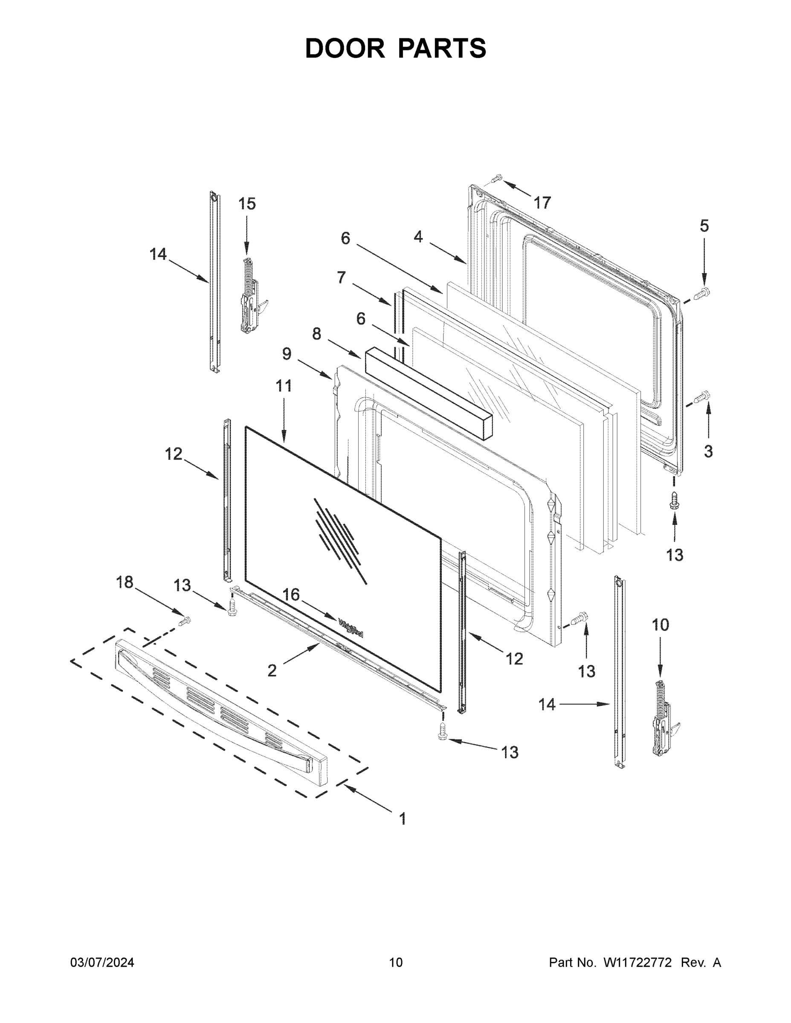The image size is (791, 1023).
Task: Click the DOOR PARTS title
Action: click(x=396, y=48)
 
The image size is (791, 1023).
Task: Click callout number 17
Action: click(x=542, y=203)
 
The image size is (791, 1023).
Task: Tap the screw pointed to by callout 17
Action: click(x=497, y=178)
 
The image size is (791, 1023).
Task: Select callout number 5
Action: click(x=704, y=226)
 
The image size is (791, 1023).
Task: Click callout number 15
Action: click(x=247, y=204)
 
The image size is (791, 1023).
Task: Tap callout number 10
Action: click(x=661, y=625)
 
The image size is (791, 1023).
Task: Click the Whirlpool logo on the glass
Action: click(x=351, y=627)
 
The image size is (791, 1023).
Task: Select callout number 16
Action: click(x=290, y=595)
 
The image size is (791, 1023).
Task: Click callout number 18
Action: click(x=125, y=582)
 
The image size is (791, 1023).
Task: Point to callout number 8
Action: click(x=317, y=334)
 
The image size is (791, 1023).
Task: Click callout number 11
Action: click(x=284, y=386)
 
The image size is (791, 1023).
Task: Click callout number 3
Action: click(x=708, y=451)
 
